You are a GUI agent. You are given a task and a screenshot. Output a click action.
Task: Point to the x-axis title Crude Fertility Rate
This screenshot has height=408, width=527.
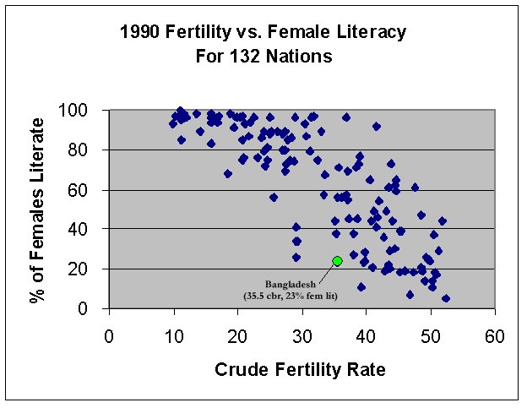302,369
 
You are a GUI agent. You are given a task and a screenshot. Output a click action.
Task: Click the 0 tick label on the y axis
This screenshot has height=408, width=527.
95,308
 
